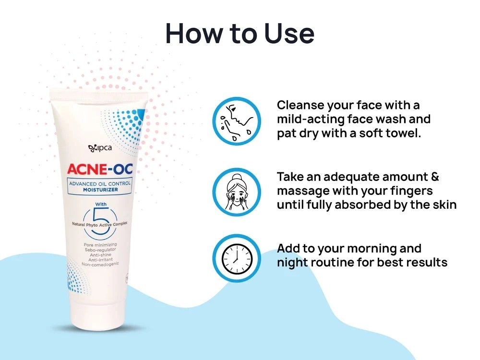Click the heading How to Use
click(240, 34)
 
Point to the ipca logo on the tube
click(99, 148)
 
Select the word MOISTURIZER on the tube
click(99, 190)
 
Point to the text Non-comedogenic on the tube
click(100, 264)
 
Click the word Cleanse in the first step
click(300, 105)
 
